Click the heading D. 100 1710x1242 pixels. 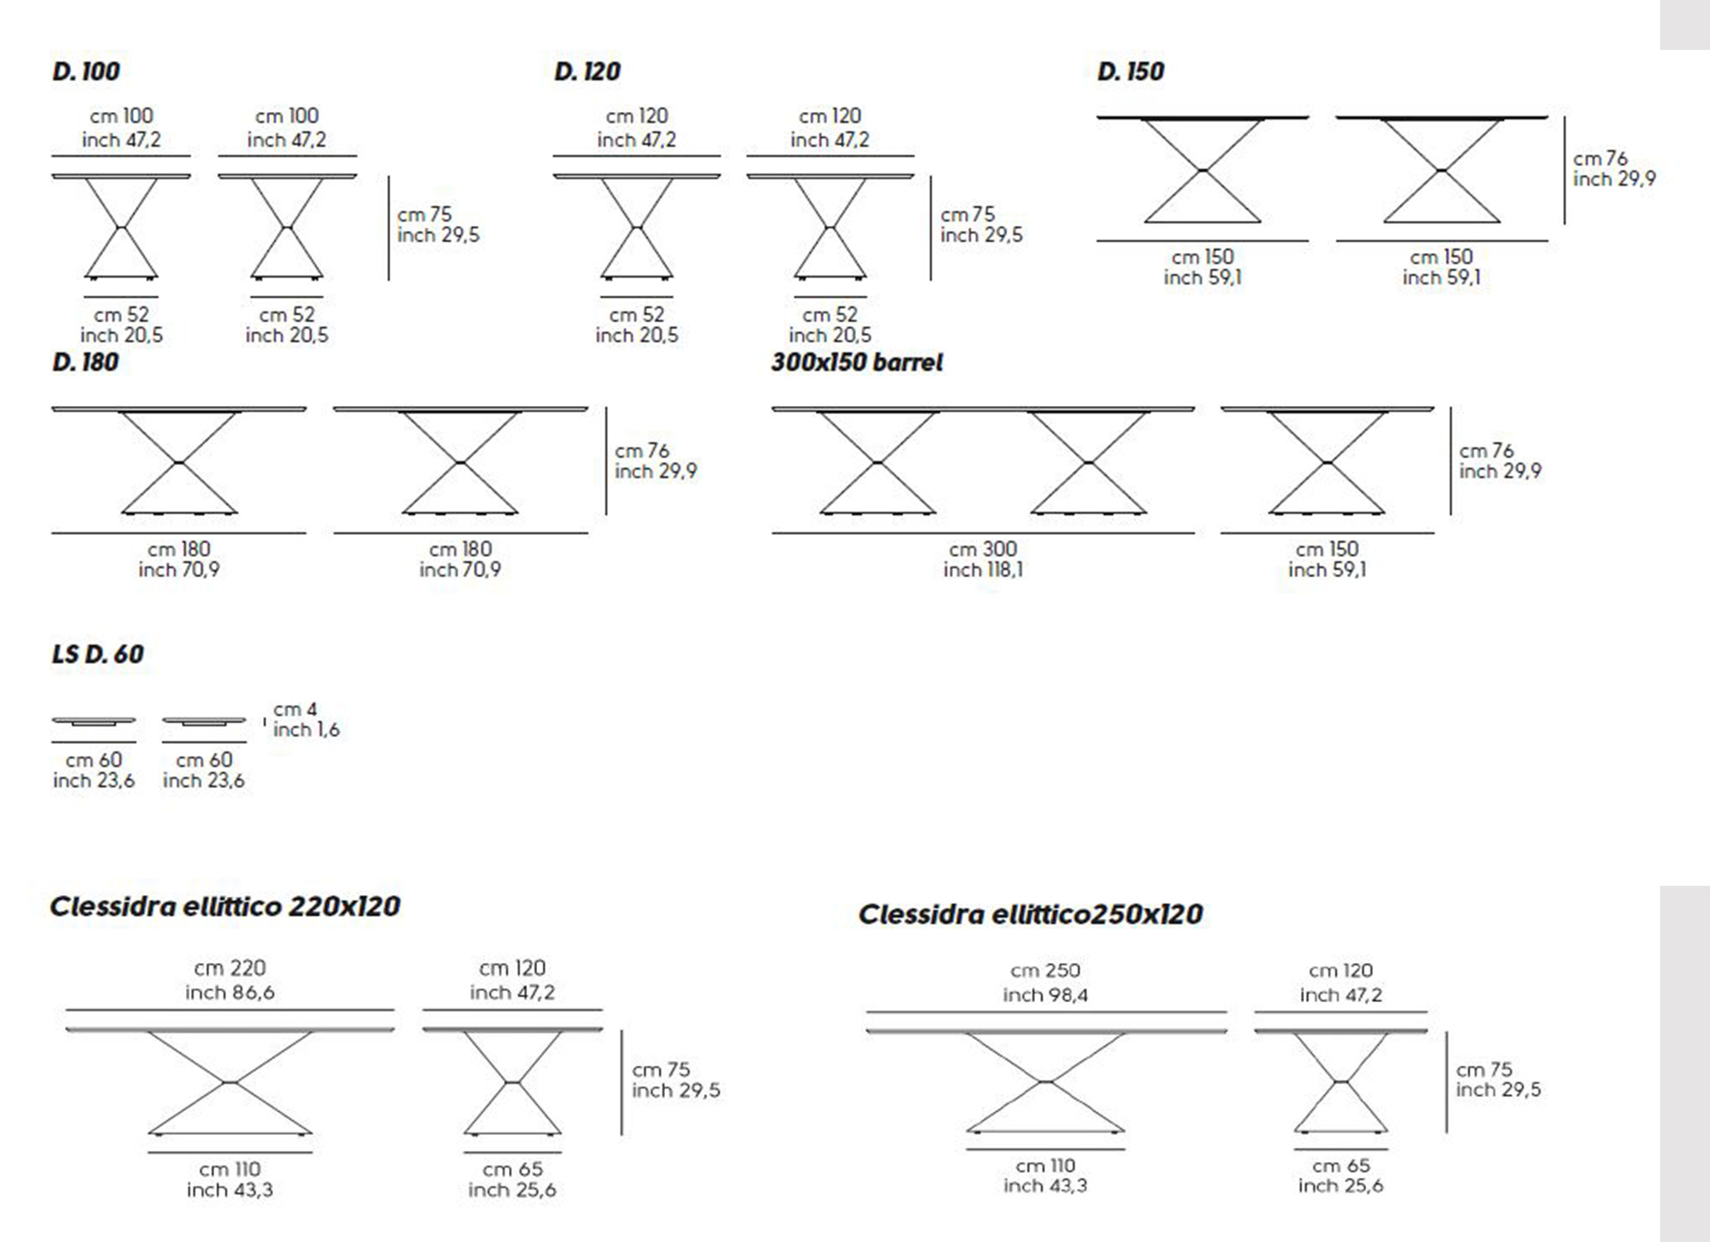click(x=85, y=71)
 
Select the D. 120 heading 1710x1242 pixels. click(x=587, y=71)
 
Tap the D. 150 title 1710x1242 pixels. click(x=1131, y=71)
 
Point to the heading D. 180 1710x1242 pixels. click(x=85, y=362)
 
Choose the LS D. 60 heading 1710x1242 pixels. click(x=98, y=654)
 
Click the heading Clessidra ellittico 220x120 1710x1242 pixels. click(x=225, y=906)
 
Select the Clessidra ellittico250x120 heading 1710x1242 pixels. click(x=1030, y=914)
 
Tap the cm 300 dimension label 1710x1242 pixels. click(x=983, y=549)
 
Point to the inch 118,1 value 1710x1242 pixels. click(x=983, y=570)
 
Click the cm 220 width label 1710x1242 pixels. click(x=230, y=968)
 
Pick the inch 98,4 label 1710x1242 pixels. click(x=1045, y=995)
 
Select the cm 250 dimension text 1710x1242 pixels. click(x=1045, y=971)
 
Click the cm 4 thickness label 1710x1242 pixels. click(x=296, y=710)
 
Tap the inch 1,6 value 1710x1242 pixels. click(x=306, y=730)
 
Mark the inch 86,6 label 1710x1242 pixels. click(x=230, y=992)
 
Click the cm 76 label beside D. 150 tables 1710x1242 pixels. click(x=1600, y=159)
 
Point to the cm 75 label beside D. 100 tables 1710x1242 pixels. click(x=424, y=214)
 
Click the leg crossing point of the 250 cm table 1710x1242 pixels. click(x=1046, y=1081)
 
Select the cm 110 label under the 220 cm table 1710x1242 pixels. click(x=230, y=1169)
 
